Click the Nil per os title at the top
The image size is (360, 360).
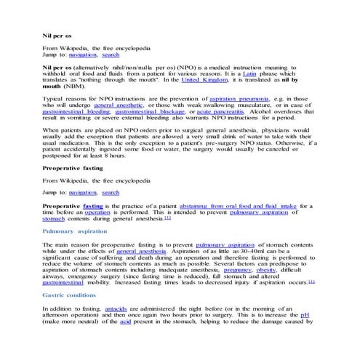pos(57,35)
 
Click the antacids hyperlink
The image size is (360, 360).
pos(117,309)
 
